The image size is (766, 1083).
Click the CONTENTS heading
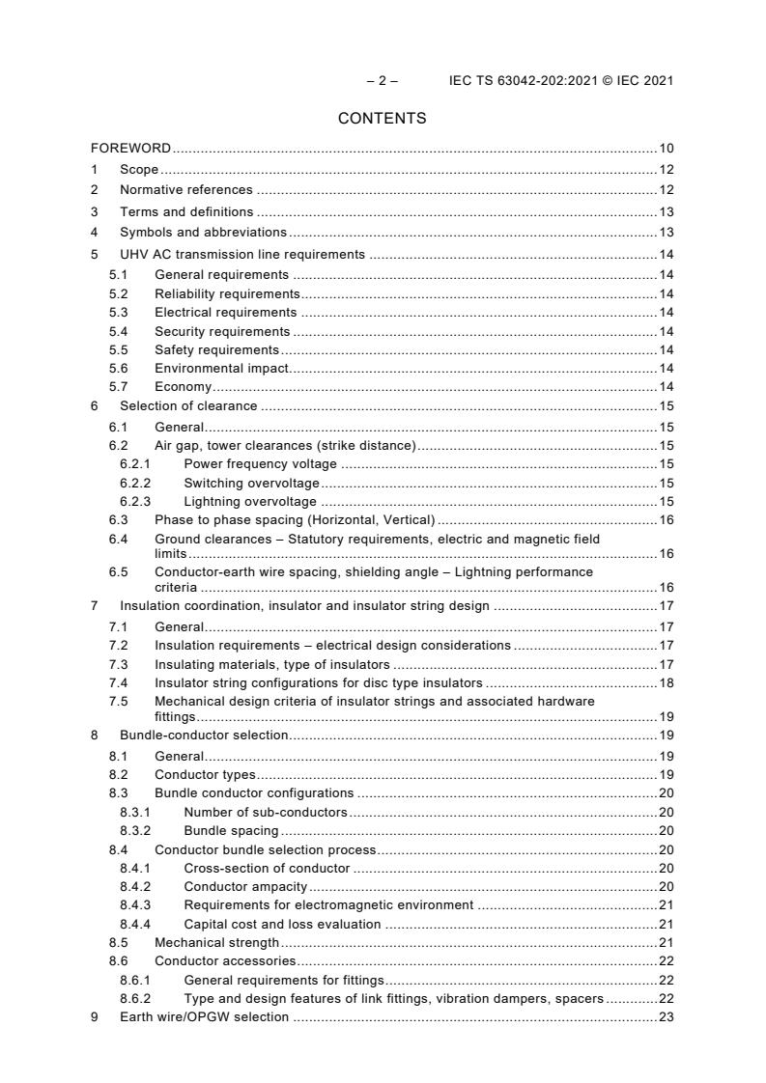coord(382,119)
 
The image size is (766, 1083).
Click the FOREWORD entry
coord(130,148)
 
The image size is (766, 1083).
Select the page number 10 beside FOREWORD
coord(666,148)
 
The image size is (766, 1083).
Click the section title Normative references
coord(185,190)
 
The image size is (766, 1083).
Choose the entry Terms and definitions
coord(186,211)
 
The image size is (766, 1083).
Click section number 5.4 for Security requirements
coord(117,331)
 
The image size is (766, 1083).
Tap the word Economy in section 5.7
coord(183,386)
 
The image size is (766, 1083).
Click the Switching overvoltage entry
coord(251,483)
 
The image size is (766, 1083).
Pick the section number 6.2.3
coord(134,501)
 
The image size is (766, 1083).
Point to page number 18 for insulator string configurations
coord(666,682)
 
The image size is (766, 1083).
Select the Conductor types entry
coord(205,774)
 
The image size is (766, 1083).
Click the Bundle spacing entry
coord(231,830)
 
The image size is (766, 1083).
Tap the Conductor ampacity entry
coord(245,886)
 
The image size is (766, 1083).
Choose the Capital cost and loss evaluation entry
coord(281,924)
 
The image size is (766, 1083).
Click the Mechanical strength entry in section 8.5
coord(216,942)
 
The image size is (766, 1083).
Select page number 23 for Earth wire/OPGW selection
coord(666,1016)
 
